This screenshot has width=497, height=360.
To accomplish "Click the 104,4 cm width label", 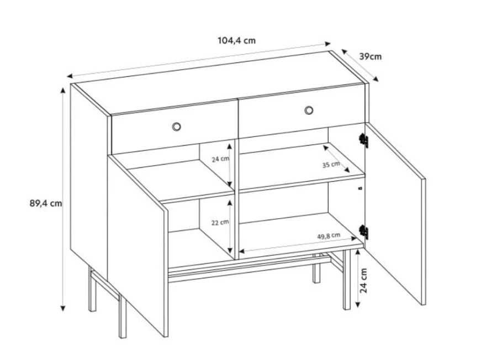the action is [x=236, y=40].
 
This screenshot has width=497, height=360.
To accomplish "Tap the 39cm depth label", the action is [x=370, y=57].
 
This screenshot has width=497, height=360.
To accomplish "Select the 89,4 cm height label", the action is [x=46, y=203].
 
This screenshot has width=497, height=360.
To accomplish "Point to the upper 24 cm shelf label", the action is [x=220, y=159].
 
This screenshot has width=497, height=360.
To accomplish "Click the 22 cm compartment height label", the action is [x=220, y=223].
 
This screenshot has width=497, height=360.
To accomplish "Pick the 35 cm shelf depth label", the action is [x=331, y=165].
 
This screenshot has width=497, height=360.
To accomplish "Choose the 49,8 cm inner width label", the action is [x=329, y=236].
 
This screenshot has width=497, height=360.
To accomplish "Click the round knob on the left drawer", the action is [x=176, y=127].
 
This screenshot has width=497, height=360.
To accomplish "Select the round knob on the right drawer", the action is [x=309, y=110].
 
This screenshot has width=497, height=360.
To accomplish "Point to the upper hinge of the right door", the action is [x=363, y=140].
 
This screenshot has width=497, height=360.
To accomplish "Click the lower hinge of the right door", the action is [x=363, y=232].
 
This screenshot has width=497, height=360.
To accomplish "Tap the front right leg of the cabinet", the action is [x=347, y=279].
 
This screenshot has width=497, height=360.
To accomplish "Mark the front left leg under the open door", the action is [x=123, y=317].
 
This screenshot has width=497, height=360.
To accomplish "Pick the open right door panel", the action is [x=395, y=214].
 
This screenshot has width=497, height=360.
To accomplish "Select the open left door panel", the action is [x=138, y=246].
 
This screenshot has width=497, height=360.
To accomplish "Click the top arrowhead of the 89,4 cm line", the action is [x=63, y=90].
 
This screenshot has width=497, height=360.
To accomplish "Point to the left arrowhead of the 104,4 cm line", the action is [x=70, y=76].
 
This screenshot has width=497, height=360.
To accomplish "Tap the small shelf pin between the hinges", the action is [x=359, y=188].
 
